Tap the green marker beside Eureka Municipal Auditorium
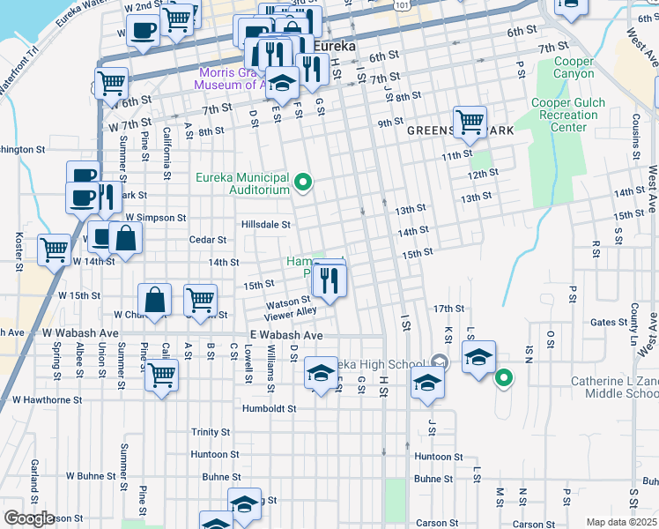point(304,183)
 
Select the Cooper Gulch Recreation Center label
point(568,115)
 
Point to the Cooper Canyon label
point(574,67)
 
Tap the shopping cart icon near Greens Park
point(470,121)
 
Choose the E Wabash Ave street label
point(286,336)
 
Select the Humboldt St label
point(268,409)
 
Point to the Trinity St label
point(211,432)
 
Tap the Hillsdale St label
point(265,225)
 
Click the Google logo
point(28,518)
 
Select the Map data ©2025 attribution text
point(622,522)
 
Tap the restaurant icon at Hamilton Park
point(329,281)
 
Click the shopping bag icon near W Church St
point(155,299)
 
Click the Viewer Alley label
point(290,312)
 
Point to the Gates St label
point(609,323)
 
